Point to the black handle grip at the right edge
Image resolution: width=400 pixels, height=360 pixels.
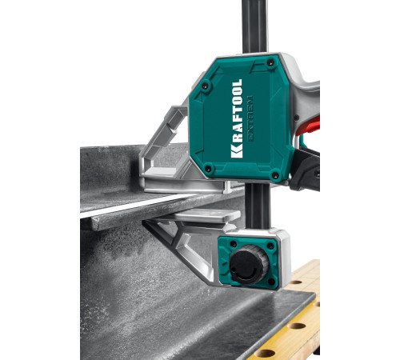click(309, 172)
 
